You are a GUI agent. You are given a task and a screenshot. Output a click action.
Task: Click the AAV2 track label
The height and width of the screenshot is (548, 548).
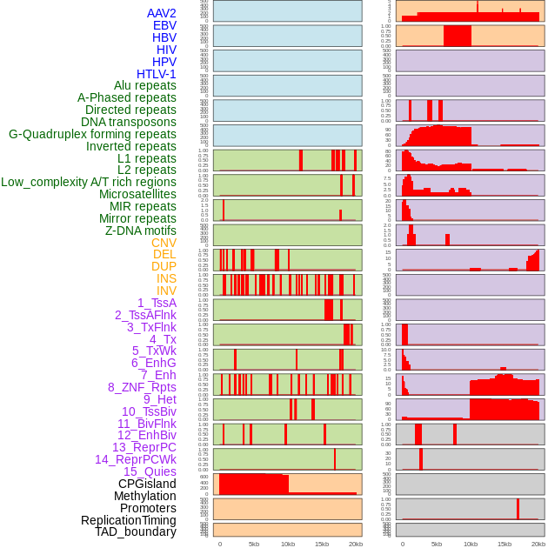[x=162, y=14]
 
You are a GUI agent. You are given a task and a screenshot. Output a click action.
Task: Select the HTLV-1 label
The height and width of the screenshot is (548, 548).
[x=157, y=74]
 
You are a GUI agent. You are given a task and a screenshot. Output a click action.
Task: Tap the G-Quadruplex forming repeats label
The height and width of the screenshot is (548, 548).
[x=92, y=135]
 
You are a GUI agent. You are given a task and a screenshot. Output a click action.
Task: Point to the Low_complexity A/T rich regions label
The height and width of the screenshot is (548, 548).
[x=89, y=183]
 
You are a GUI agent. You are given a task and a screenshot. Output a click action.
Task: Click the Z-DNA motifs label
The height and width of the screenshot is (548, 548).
[x=141, y=231]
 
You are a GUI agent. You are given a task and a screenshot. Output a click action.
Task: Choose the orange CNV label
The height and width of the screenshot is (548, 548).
[x=164, y=243]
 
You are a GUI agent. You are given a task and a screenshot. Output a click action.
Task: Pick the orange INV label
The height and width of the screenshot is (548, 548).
[x=166, y=291]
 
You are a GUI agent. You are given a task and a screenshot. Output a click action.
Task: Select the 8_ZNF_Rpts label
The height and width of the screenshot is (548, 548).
[x=142, y=387]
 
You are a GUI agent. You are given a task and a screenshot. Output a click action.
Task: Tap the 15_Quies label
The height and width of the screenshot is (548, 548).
[x=150, y=471]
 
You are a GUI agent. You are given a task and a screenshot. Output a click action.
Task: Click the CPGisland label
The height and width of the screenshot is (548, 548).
[x=147, y=484]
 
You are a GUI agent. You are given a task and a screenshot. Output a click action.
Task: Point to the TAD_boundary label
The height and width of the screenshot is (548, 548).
[x=136, y=531]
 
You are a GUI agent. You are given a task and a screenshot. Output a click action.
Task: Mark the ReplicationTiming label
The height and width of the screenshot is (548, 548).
[x=128, y=520]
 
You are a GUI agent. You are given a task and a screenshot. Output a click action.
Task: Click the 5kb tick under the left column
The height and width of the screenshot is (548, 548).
[x=254, y=544]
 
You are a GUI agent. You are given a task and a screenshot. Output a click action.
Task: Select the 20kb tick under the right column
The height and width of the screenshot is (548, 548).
[x=538, y=544]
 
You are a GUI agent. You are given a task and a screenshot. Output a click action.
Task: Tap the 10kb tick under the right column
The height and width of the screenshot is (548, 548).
[x=471, y=544]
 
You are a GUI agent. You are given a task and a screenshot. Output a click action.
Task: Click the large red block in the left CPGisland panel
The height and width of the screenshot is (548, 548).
[x=253, y=484]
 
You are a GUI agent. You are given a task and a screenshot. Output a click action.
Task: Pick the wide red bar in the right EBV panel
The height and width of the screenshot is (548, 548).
[x=458, y=36]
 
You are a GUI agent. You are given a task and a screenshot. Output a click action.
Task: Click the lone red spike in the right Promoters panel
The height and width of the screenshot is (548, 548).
[x=518, y=509]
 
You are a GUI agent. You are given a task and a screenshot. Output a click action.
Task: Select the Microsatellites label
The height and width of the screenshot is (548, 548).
[x=137, y=195]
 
